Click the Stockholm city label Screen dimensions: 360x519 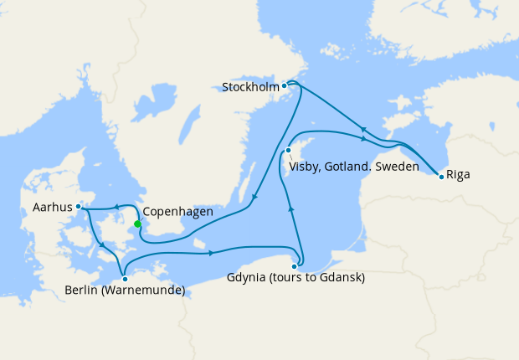point(250,86)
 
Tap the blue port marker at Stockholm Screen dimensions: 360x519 point(285,85)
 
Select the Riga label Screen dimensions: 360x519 point(458,175)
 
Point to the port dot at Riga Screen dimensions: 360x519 point(441,176)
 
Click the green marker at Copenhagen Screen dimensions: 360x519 point(137,224)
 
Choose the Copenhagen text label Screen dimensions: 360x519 point(177,212)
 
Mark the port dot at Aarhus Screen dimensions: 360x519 point(78,206)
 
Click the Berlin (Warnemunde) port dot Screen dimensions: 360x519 point(124,278)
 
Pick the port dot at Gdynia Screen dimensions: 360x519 point(295,265)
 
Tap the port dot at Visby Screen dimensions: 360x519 point(288,151)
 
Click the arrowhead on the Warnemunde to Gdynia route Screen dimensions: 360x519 point(211,252)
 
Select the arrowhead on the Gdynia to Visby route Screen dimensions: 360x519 point(290,207)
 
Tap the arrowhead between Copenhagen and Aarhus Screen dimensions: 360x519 point(115,208)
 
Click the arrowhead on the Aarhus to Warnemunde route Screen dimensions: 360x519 point(102,244)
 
